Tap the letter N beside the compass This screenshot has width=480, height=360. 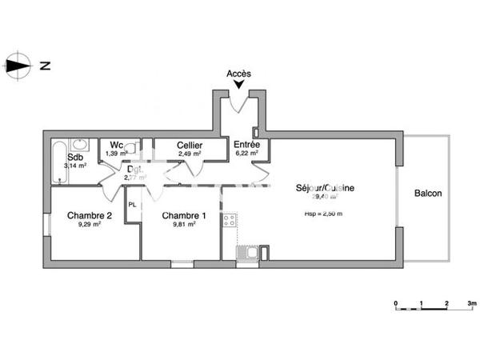45,66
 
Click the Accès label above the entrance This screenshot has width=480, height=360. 238,74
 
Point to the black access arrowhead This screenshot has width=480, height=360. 238,84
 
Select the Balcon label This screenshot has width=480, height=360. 428,194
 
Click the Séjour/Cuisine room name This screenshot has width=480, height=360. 326,188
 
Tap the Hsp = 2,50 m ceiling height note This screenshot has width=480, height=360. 323,214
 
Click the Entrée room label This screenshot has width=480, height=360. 246,145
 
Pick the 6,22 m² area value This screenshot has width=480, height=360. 246,154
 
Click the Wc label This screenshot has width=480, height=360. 116,145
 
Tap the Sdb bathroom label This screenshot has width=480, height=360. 75,158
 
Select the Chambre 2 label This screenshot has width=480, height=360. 89,215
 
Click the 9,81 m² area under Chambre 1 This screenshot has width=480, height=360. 184,225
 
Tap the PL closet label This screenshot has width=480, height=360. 133,205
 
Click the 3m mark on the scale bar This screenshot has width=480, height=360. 472,304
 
